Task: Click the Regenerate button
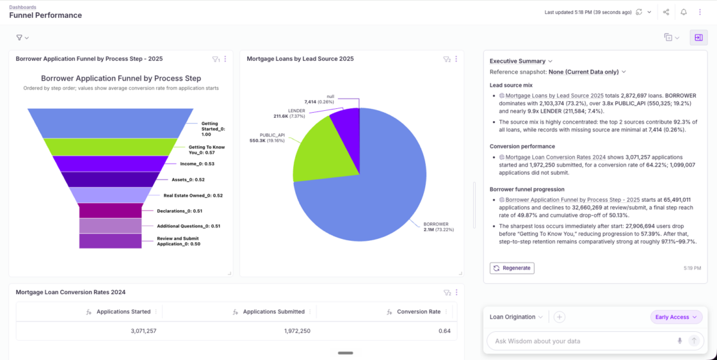(x=512, y=268)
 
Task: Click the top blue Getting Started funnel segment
(x=110, y=123)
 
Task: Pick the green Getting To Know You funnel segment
(x=110, y=147)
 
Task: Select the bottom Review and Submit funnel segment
(x=110, y=241)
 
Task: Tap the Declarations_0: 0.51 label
(x=180, y=211)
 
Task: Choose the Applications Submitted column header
(x=273, y=311)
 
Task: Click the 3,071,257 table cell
(x=143, y=331)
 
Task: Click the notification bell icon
(x=684, y=12)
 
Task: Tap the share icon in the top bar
(x=666, y=12)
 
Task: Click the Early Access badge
(x=676, y=317)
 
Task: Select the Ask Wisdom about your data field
(x=581, y=341)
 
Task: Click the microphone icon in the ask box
(x=680, y=341)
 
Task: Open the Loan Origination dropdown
(x=516, y=317)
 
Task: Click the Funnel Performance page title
(x=45, y=15)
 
